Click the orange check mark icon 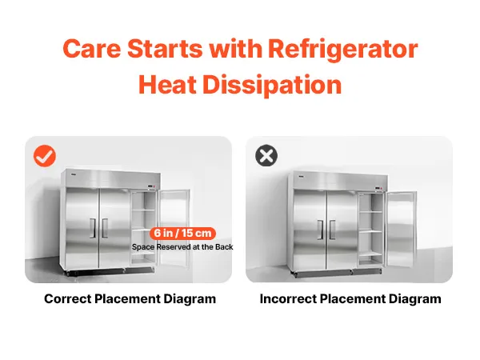[x=45, y=156]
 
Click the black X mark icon [x=266, y=155]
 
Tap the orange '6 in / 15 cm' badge [x=182, y=234]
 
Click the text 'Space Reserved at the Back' [x=182, y=246]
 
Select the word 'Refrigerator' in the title [x=343, y=50]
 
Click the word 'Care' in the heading [x=92, y=49]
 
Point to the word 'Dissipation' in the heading [x=272, y=85]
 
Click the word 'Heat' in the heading [x=167, y=85]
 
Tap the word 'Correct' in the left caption [x=68, y=298]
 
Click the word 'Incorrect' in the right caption [x=288, y=298]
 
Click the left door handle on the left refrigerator [x=93, y=228]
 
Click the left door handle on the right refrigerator [x=321, y=230]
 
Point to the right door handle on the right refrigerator [x=333, y=230]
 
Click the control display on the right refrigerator [x=379, y=188]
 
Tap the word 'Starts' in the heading [x=165, y=49]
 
